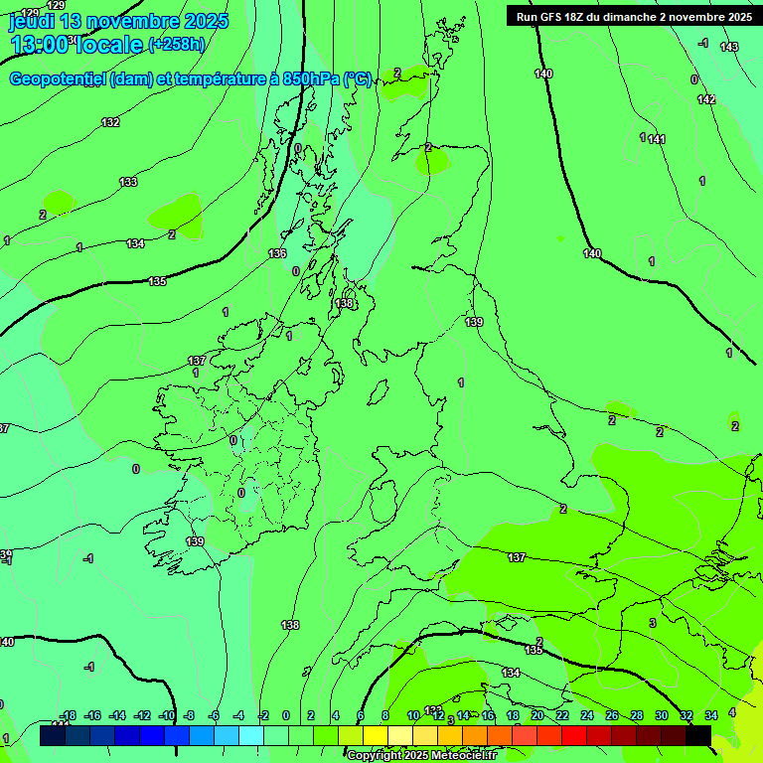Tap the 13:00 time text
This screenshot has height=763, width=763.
point(39,44)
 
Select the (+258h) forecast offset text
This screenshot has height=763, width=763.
point(178,44)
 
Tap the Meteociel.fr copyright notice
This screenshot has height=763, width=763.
point(421,756)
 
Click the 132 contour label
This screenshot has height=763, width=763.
point(110,122)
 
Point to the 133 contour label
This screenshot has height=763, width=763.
point(128,182)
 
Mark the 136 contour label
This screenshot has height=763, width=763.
point(277,254)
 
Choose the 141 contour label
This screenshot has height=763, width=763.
point(657,139)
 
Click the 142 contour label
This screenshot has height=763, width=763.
point(706,99)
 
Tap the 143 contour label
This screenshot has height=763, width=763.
point(729,47)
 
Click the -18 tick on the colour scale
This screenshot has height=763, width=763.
point(68,715)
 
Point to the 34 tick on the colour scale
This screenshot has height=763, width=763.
point(711,715)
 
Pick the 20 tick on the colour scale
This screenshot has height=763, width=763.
point(537,715)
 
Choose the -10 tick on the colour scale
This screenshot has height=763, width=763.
point(166,715)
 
